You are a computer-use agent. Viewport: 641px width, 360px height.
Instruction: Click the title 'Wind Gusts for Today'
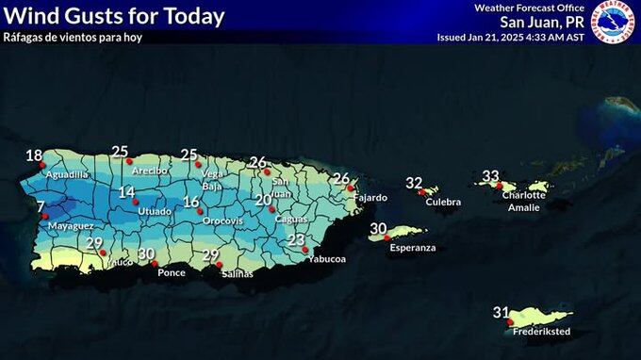pyautogui.click(x=115, y=16)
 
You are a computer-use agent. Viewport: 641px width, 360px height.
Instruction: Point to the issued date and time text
pyautogui.click(x=510, y=38)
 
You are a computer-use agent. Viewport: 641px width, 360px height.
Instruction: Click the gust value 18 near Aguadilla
pyautogui.click(x=34, y=156)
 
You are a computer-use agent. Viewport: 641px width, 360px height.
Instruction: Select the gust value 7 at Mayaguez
pyautogui.click(x=41, y=205)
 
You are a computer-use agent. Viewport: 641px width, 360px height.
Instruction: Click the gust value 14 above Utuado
pyautogui.click(x=127, y=192)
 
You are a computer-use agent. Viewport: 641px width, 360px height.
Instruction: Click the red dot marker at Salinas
pyautogui.click(x=221, y=265)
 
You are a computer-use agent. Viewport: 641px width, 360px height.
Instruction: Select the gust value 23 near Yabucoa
pyautogui.click(x=297, y=240)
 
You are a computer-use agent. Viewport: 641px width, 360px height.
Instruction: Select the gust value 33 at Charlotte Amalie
pyautogui.click(x=490, y=176)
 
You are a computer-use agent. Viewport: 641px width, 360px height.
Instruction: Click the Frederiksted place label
pyautogui.click(x=541, y=332)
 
